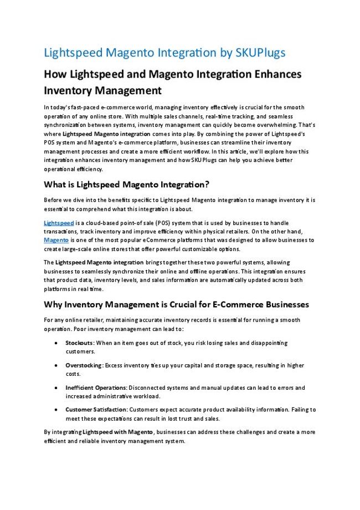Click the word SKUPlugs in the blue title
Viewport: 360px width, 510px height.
coord(260,53)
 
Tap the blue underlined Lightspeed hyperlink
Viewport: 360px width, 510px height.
coord(59,222)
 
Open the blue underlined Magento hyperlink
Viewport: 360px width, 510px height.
coord(56,240)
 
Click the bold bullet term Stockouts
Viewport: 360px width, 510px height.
coord(79,343)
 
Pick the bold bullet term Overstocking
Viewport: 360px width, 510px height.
coord(84,365)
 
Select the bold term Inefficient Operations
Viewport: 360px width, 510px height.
coord(96,387)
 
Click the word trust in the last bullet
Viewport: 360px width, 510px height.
coord(176,419)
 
